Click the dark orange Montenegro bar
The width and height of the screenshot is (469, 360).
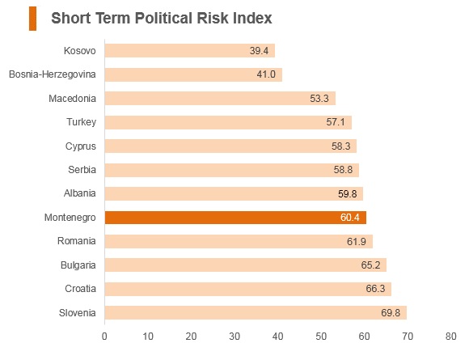(x=235, y=218)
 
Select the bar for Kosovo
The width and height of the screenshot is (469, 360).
(x=190, y=51)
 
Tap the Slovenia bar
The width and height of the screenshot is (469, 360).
(x=256, y=313)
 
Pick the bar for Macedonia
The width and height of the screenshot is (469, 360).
(x=220, y=98)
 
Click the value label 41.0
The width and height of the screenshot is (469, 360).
(x=266, y=74)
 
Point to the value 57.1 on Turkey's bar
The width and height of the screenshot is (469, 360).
(x=336, y=122)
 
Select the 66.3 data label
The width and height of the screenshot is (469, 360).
(x=375, y=289)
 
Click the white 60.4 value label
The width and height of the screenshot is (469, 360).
(x=349, y=218)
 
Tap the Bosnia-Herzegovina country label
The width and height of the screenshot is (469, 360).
(x=53, y=74)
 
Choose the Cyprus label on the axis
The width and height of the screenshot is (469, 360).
(x=81, y=146)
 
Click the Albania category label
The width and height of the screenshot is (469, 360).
(x=80, y=193)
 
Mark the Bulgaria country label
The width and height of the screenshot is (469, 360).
(x=78, y=265)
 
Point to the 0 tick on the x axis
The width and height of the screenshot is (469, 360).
(x=104, y=337)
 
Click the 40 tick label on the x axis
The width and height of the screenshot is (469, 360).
(x=277, y=337)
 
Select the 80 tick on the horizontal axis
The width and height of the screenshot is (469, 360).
(x=450, y=337)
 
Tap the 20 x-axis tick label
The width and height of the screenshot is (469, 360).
(x=191, y=337)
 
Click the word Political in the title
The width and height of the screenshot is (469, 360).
(x=163, y=18)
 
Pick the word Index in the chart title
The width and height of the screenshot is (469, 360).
(x=253, y=18)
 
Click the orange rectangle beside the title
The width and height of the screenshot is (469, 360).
(x=32, y=19)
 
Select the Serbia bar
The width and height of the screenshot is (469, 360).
(x=232, y=170)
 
